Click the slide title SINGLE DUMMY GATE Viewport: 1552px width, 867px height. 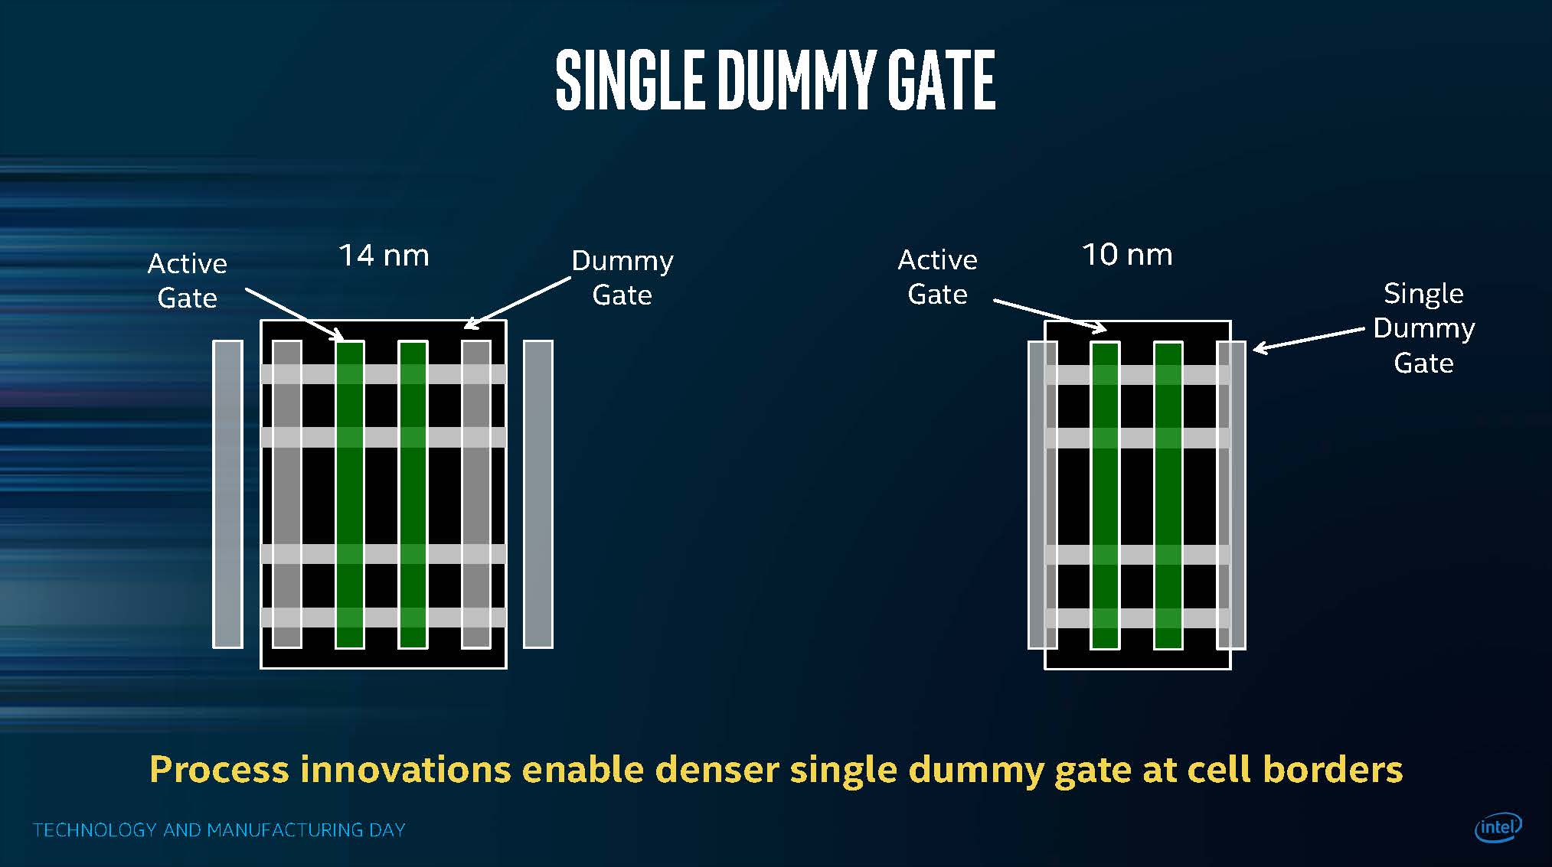(x=775, y=80)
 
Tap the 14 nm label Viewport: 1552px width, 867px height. (x=384, y=256)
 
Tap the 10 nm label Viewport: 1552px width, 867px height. (x=1127, y=255)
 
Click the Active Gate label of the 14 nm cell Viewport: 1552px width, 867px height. (x=188, y=281)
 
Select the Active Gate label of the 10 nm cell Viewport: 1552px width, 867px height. (x=938, y=277)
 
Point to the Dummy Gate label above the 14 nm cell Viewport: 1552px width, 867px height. (x=622, y=278)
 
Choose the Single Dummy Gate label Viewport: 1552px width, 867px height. (x=1424, y=328)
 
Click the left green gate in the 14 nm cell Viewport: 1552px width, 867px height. (x=350, y=494)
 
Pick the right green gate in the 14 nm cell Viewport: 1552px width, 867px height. (x=413, y=494)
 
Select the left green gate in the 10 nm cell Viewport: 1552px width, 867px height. (x=1105, y=495)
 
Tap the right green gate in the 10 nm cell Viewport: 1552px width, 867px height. (x=1168, y=495)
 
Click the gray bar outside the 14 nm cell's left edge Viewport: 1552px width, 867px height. (x=227, y=494)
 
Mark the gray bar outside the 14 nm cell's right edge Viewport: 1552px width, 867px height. (x=538, y=494)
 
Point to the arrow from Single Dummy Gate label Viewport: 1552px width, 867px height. (x=1309, y=340)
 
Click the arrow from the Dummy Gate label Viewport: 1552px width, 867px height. (x=518, y=303)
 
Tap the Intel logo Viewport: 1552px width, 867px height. (x=1498, y=827)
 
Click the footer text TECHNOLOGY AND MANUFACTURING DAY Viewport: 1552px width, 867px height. (x=219, y=830)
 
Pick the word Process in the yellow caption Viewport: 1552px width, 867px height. (x=220, y=769)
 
